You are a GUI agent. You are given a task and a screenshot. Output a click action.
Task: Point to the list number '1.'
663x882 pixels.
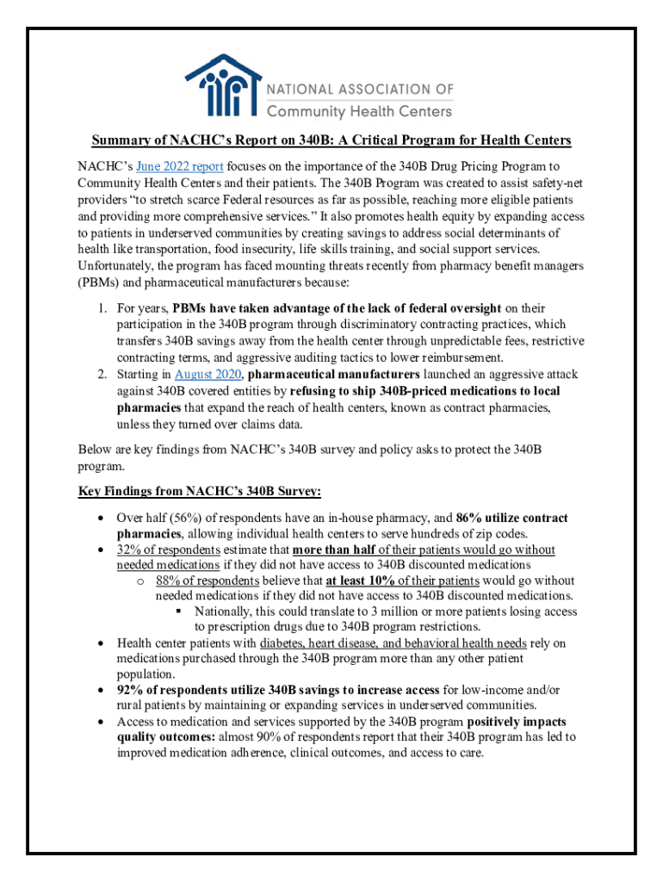point(101,307)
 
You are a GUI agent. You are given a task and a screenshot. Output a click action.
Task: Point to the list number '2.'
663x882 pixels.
point(101,374)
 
